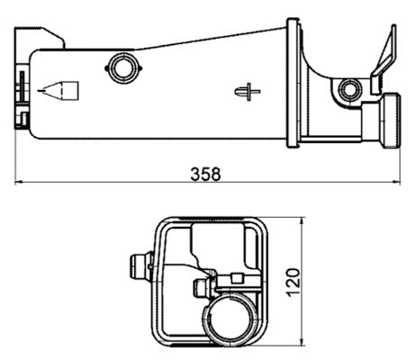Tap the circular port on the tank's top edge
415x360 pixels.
click(120, 65)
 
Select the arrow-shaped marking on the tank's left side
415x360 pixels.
click(59, 90)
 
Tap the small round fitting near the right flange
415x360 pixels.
click(349, 89)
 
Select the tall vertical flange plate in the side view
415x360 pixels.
click(293, 81)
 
